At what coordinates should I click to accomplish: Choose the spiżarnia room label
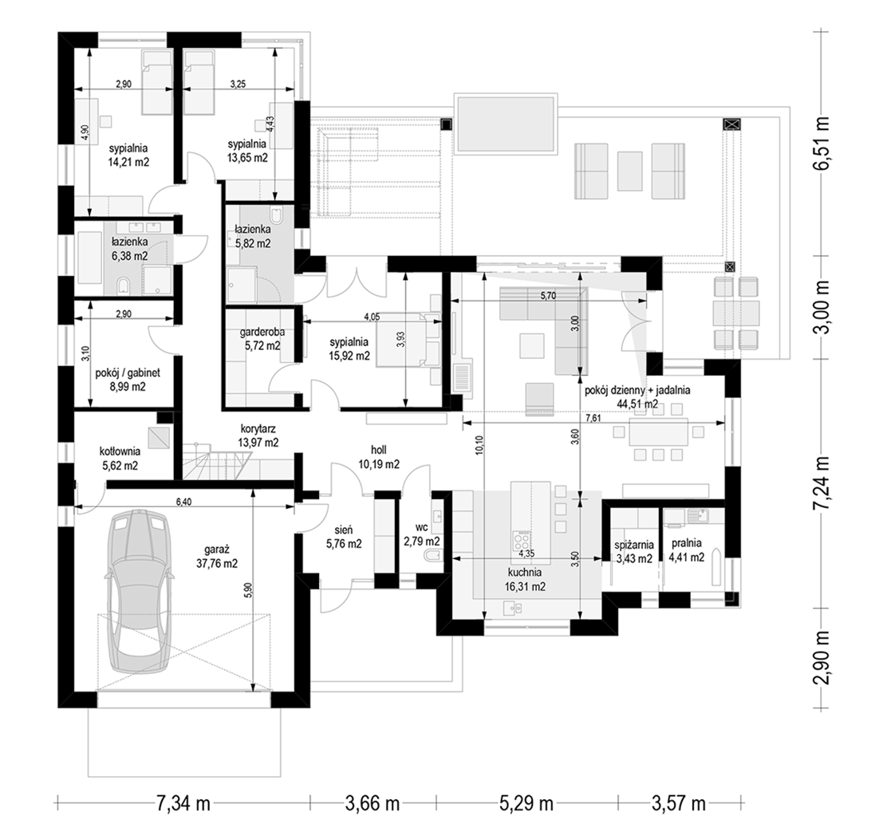click(x=633, y=545)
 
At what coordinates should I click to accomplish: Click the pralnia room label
click(x=687, y=543)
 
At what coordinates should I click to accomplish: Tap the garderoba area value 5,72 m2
click(x=262, y=346)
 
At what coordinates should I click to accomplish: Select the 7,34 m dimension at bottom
click(x=183, y=804)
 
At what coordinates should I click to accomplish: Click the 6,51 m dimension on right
click(x=821, y=144)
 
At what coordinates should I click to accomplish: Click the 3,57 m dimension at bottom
click(x=679, y=804)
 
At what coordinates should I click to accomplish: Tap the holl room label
click(x=378, y=450)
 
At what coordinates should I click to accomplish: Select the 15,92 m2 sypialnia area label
click(x=349, y=354)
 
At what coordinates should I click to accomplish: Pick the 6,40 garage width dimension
click(x=183, y=502)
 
